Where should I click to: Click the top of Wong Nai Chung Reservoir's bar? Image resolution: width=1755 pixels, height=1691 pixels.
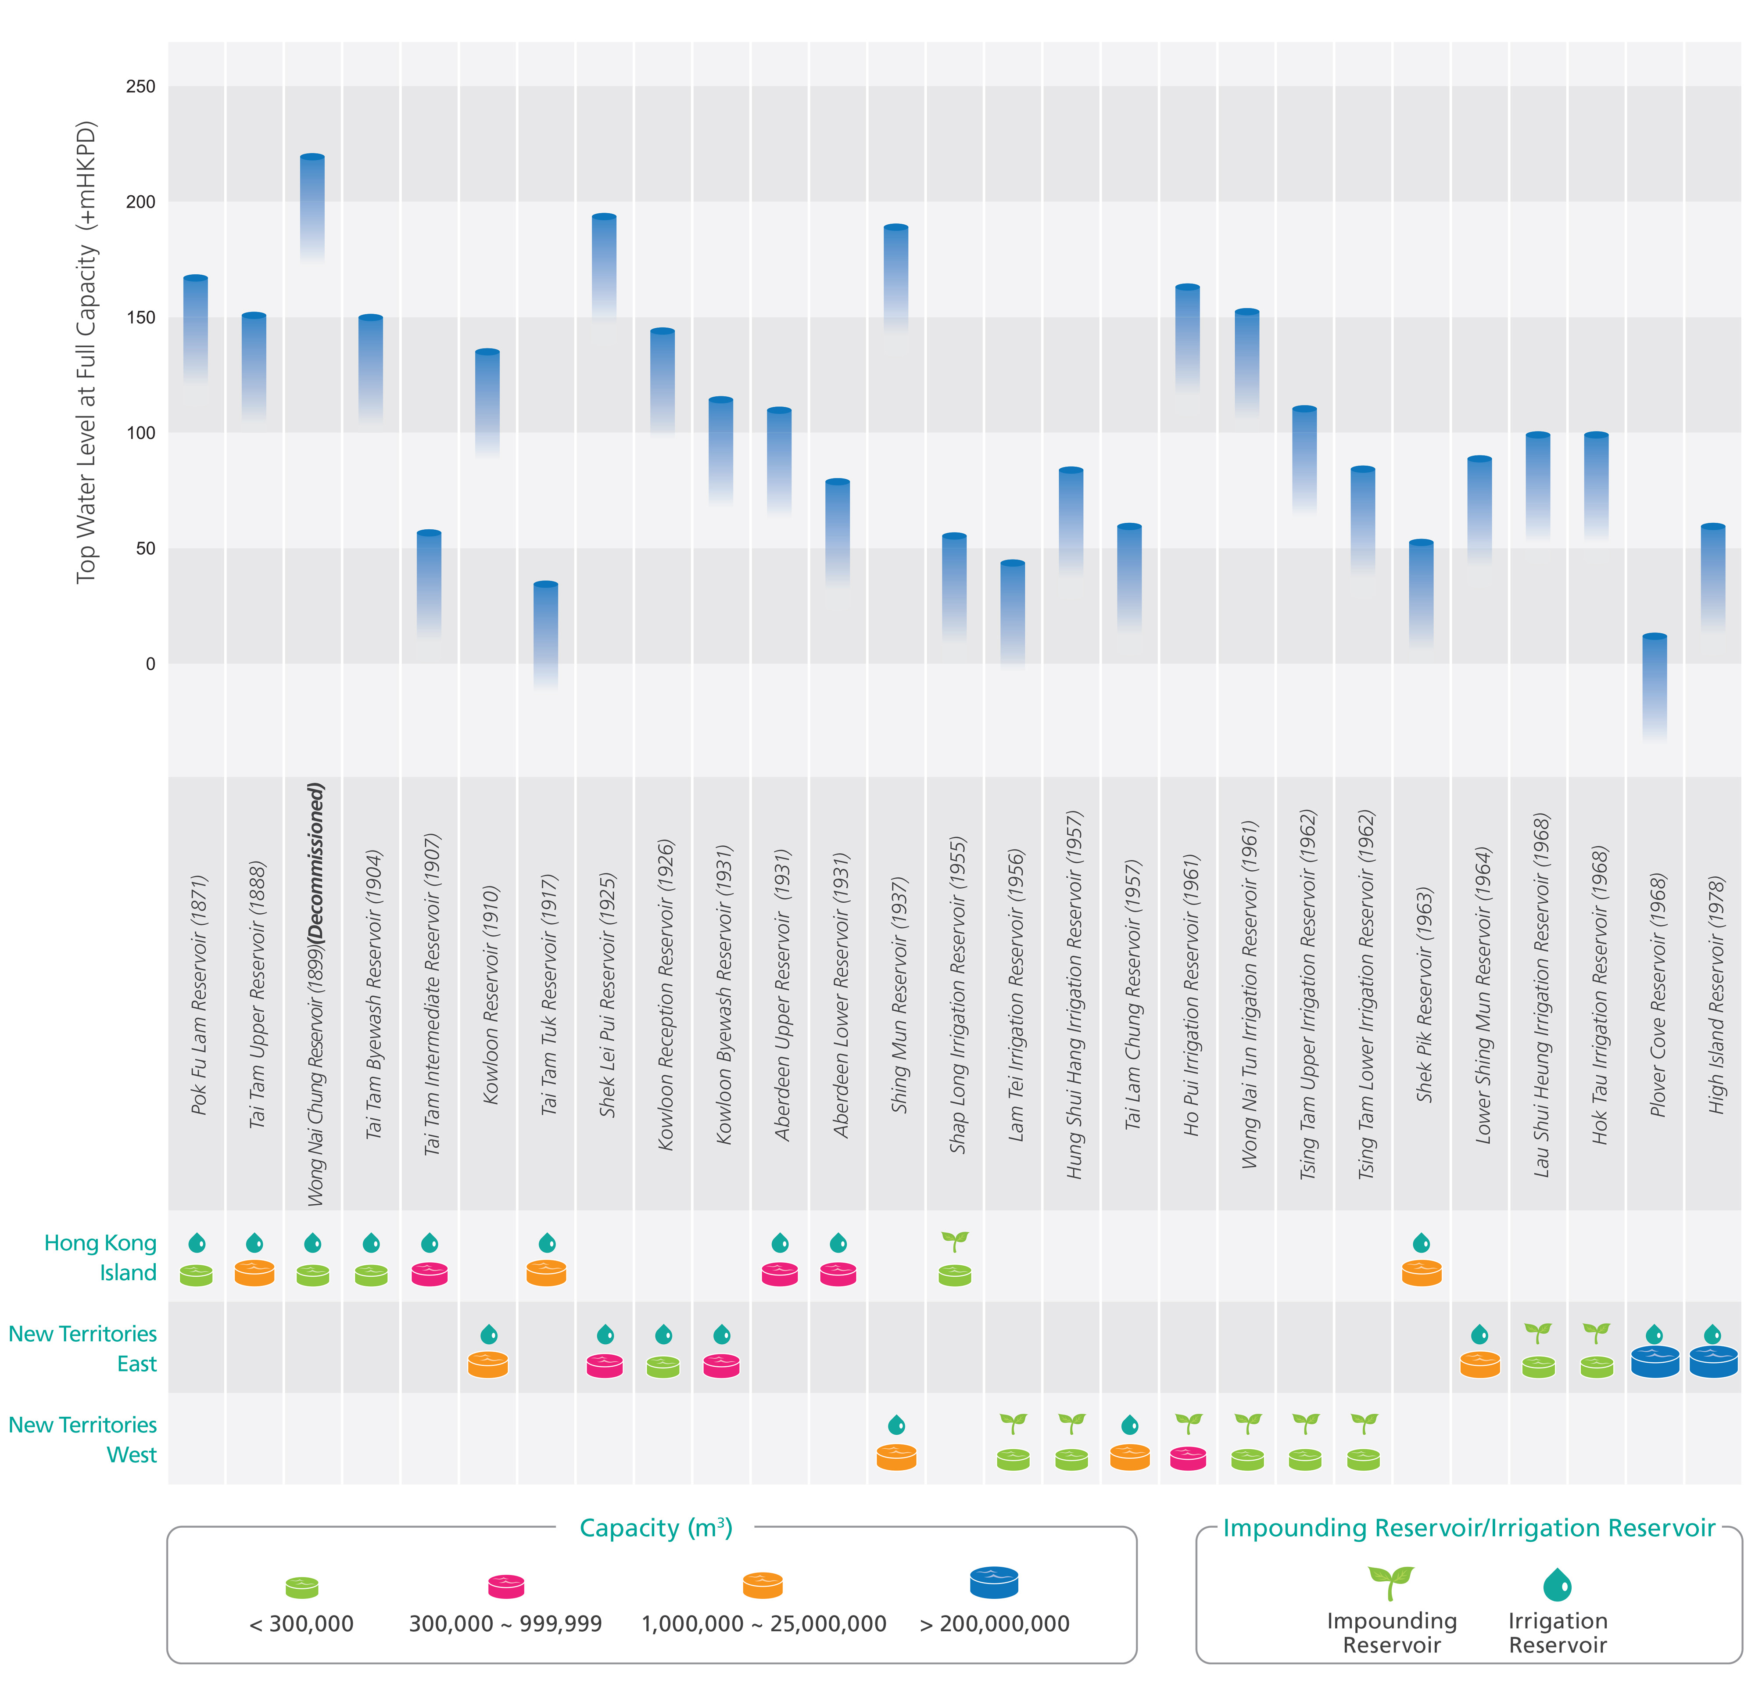click(312, 158)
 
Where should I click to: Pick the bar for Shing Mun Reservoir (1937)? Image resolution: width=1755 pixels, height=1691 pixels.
click(895, 278)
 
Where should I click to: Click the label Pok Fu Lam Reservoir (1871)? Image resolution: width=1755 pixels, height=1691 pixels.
click(199, 994)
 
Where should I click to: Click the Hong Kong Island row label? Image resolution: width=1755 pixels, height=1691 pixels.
click(100, 1257)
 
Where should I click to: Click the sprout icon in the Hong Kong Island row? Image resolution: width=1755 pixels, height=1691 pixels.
click(955, 1240)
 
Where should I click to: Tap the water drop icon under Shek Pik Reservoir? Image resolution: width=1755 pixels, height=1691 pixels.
click(1421, 1242)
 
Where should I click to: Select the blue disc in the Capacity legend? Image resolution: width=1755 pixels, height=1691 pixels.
click(994, 1582)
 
